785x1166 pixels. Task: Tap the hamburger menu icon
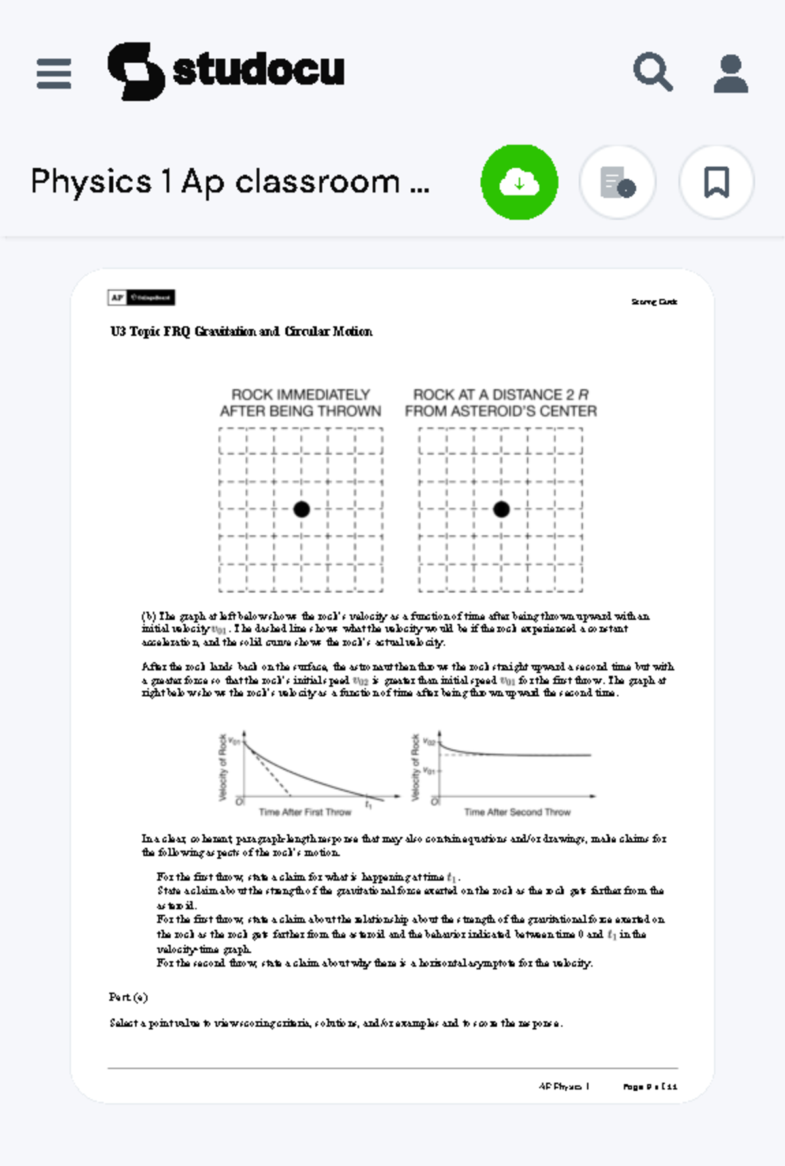coord(54,73)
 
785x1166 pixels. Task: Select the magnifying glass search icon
coord(652,72)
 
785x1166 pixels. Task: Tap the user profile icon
coord(730,73)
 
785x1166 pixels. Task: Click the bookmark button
coord(716,182)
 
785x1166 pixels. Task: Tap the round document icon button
coord(618,182)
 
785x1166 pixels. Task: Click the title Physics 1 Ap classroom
coord(230,182)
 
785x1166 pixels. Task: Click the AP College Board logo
coord(141,298)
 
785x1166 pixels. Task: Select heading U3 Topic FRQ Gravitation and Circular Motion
coord(241,332)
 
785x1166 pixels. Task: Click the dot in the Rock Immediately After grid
coord(302,509)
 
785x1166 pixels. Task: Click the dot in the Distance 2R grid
coord(501,509)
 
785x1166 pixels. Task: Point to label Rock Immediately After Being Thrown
coord(300,403)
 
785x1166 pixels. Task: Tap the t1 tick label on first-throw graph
coord(368,804)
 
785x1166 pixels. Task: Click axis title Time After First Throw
coord(305,812)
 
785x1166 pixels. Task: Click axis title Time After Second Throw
coord(517,812)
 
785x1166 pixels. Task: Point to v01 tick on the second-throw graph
coord(428,771)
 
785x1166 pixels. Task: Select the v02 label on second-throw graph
coord(428,742)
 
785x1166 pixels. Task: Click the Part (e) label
coord(128,997)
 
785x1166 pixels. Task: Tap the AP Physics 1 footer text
coord(564,1087)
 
